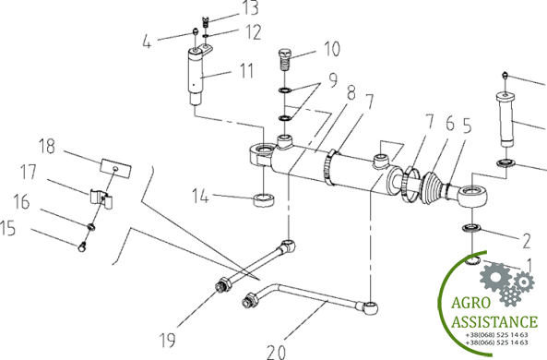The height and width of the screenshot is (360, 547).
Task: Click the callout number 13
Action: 251,7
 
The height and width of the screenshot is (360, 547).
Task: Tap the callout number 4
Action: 147,42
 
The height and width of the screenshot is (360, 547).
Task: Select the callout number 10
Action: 332,49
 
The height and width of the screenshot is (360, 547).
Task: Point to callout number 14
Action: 200,196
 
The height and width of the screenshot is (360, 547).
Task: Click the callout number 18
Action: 47,146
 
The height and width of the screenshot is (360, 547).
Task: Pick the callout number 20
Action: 277,352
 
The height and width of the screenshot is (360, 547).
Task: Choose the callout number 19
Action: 168,340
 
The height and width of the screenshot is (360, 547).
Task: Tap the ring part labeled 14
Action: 264,199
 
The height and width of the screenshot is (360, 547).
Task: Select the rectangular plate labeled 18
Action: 116,168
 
